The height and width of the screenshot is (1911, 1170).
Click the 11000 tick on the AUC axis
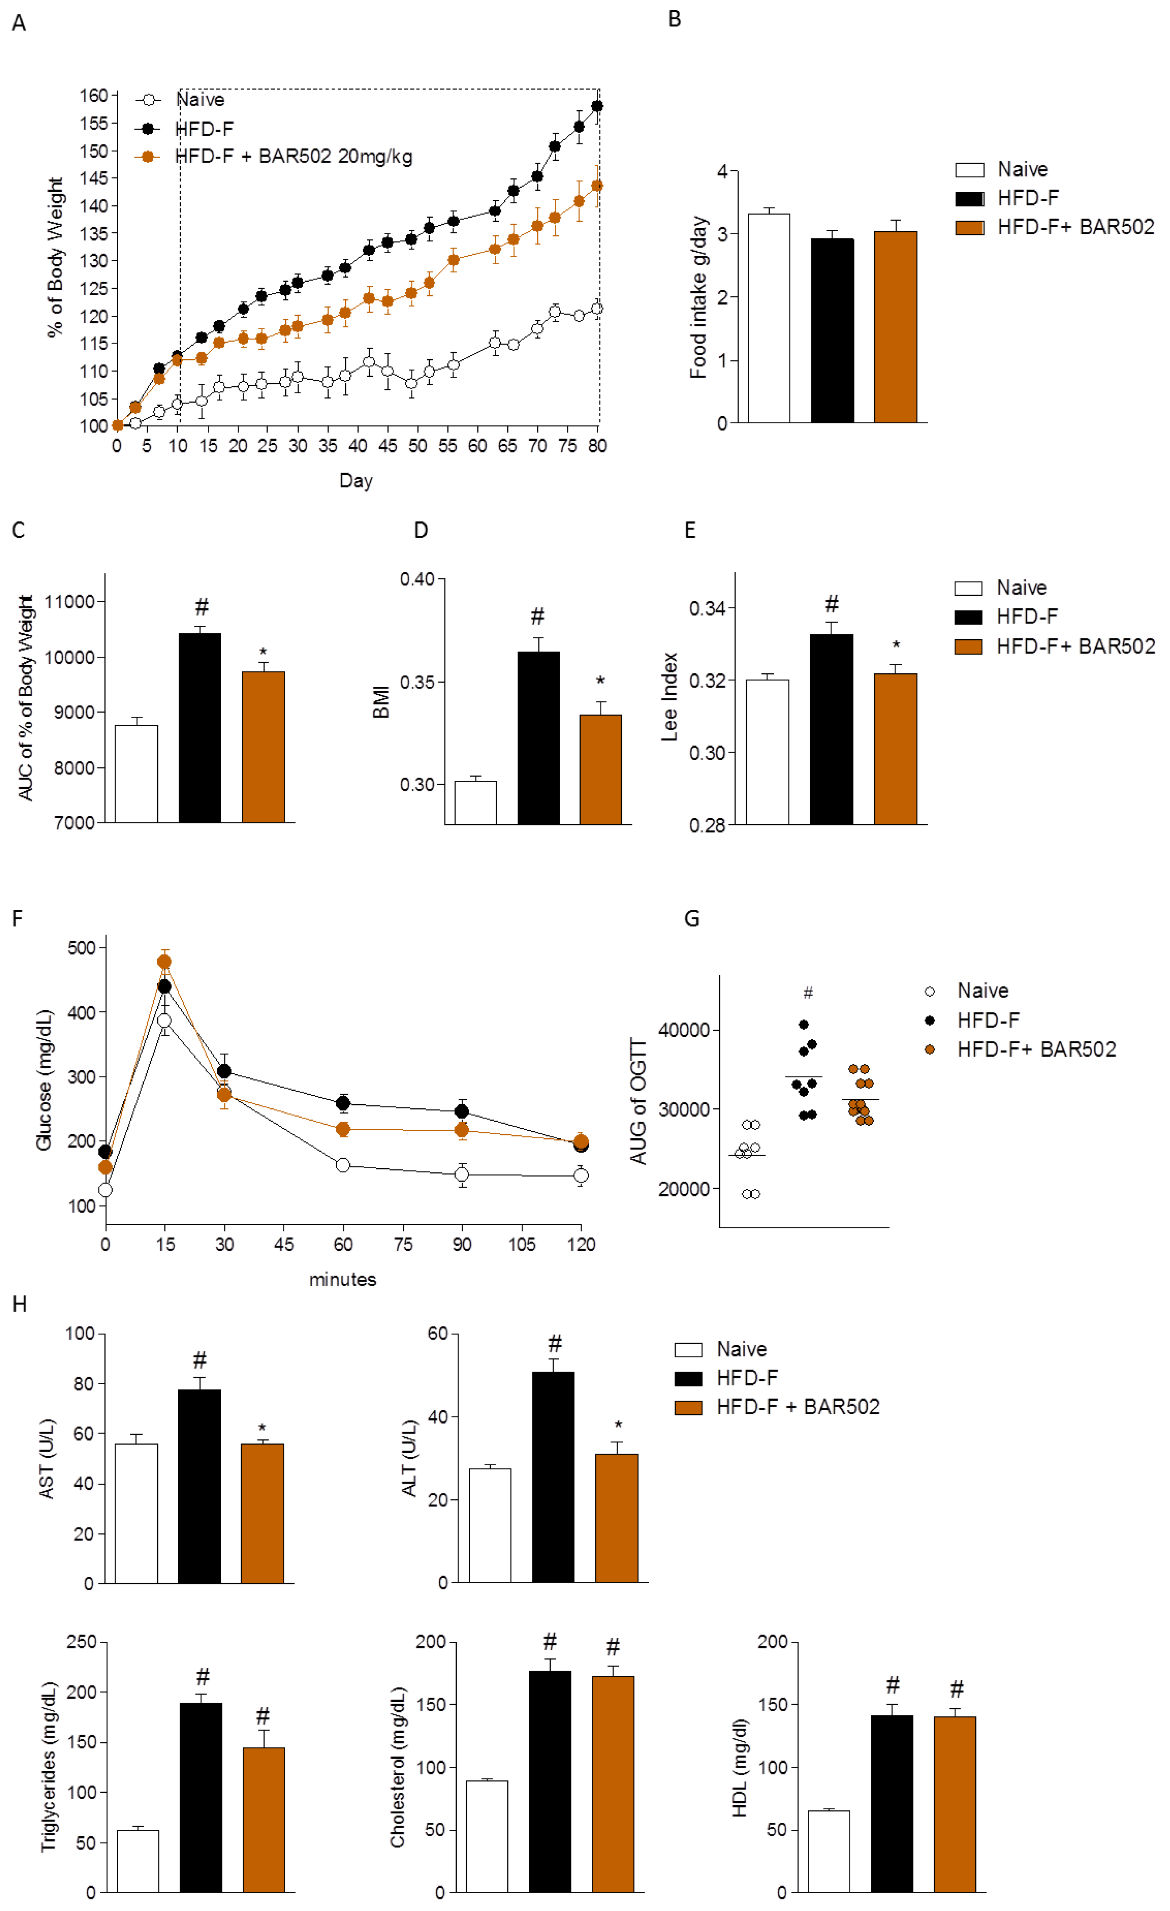[x=70, y=602]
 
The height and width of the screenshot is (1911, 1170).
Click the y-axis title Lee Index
[x=669, y=697]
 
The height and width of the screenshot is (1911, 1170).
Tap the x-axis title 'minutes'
[x=343, y=1280]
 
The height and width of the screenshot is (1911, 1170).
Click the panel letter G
[x=692, y=919]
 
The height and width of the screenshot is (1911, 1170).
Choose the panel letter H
[x=19, y=1304]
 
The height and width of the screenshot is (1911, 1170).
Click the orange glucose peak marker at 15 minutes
[x=164, y=962]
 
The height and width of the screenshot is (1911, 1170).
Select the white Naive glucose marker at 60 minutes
[x=343, y=1165]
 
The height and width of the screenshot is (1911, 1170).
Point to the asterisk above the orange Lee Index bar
[x=896, y=645]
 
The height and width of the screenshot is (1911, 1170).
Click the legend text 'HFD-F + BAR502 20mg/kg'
[x=294, y=157]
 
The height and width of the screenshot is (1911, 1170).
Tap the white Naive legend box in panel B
[x=969, y=170]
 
